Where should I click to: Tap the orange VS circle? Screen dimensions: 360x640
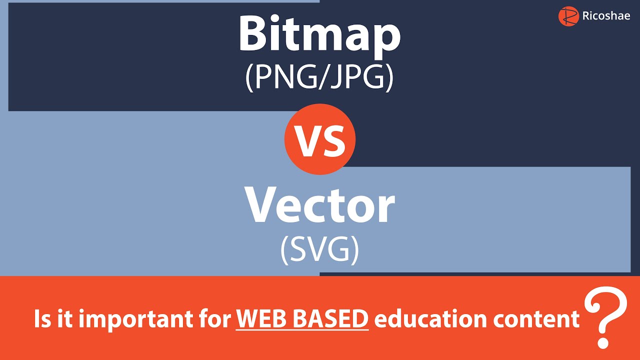tap(320, 139)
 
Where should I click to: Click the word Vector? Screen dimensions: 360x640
tap(319, 205)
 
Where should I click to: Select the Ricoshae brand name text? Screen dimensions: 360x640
tap(606, 16)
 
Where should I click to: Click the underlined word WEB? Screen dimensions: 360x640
tap(259, 319)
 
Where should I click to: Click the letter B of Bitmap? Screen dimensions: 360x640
tap(252, 34)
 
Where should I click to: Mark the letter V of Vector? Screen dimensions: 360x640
tap(261, 205)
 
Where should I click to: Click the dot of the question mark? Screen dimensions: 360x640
tap(603, 343)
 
